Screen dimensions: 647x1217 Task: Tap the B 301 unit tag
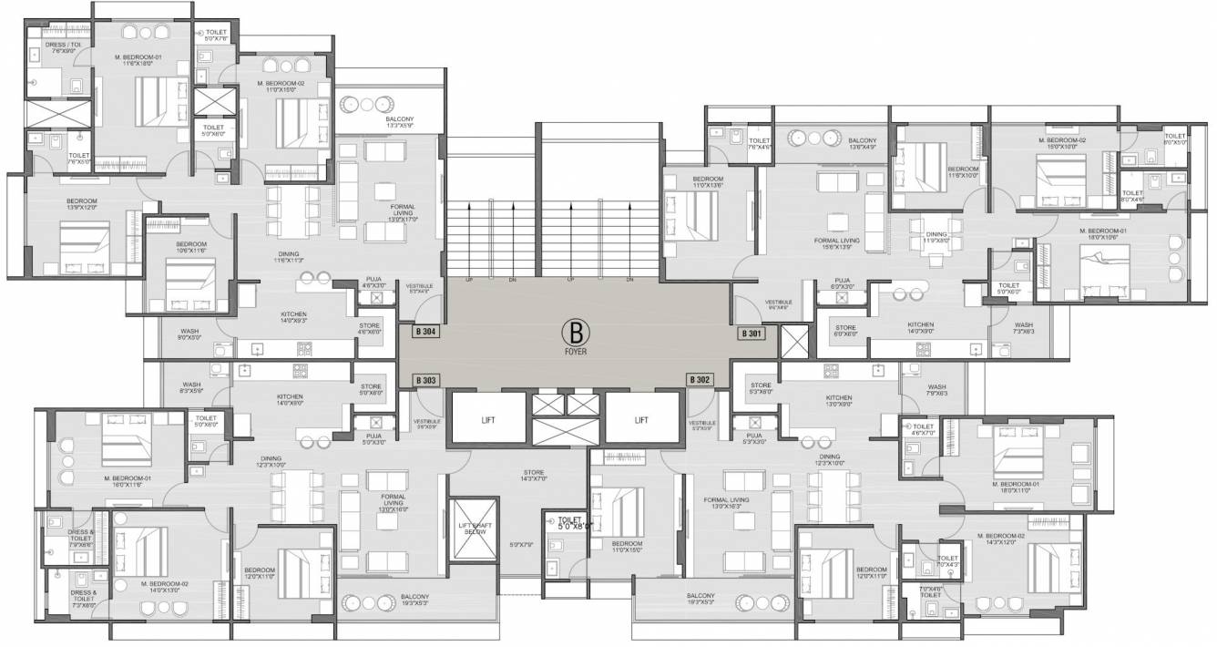point(752,334)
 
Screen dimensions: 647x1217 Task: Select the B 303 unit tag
point(425,380)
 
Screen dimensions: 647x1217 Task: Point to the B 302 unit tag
point(701,380)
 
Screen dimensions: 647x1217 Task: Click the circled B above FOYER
point(575,330)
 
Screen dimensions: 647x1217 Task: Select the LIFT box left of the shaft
point(487,420)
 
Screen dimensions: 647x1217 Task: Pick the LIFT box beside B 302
point(641,420)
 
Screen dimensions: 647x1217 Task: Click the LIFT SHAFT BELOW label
point(474,529)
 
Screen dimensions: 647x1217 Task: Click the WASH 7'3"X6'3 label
point(1024,328)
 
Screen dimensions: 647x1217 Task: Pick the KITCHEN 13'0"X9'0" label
point(838,402)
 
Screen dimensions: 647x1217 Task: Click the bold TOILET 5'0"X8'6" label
point(571,522)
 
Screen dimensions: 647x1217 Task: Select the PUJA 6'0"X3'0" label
point(842,284)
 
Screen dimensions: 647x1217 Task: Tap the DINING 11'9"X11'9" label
point(936,238)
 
